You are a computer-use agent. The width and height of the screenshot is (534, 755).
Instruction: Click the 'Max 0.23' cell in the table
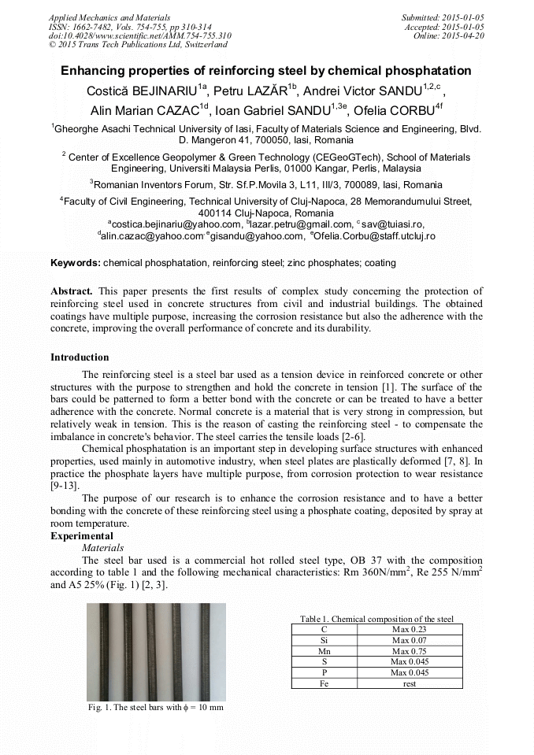coord(409,629)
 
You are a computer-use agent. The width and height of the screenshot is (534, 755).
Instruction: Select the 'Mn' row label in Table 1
coord(324,651)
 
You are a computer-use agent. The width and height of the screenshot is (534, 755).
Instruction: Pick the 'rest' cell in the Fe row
coord(409,683)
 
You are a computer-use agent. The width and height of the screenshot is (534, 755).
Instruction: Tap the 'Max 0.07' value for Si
coord(409,640)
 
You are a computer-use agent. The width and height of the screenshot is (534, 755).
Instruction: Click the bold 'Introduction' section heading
coord(80,357)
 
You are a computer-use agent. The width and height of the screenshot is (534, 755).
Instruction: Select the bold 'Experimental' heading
coord(81,536)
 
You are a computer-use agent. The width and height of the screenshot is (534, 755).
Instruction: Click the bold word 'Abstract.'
coord(72,291)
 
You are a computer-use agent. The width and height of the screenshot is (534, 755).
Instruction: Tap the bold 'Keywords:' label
coord(76,262)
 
